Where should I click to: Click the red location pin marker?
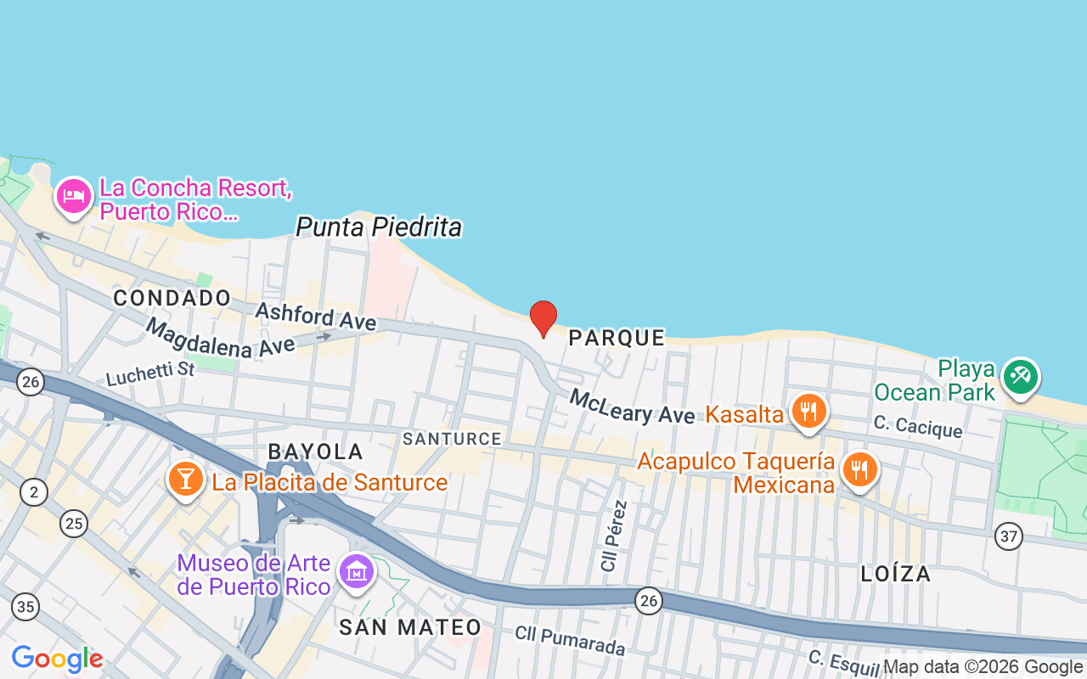543,318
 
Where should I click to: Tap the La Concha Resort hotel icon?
74,197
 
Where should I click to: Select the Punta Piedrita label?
379,227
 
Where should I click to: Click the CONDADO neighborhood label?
172,298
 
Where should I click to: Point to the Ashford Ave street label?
315,316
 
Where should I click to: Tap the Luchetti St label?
150,373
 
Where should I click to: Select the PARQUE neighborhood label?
617,338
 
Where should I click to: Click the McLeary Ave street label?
632,406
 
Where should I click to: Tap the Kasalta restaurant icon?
808,412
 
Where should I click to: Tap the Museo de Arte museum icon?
357,571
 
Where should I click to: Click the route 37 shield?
1009,536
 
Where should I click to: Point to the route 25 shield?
74,524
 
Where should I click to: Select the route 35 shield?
25,606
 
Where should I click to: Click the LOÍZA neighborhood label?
896,574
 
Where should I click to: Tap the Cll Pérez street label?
614,536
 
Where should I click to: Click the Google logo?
57,659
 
